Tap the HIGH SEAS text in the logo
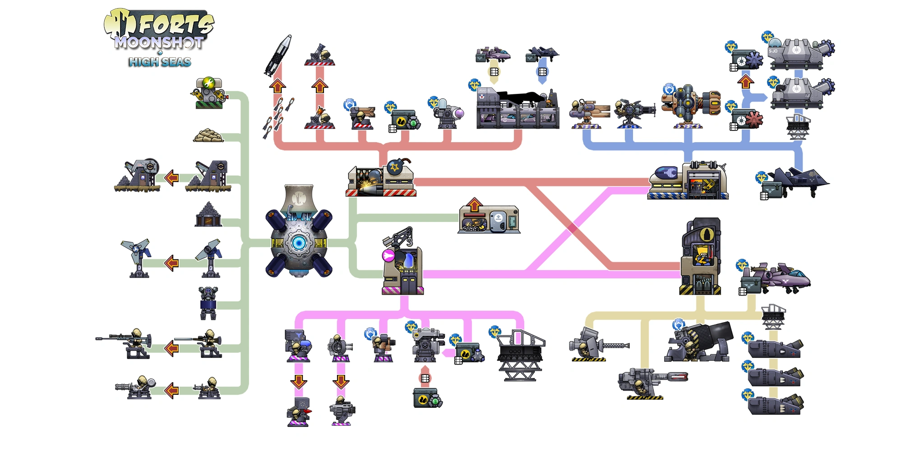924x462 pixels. (160, 62)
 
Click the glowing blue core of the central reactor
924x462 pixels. (298, 243)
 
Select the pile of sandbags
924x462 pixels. (208, 135)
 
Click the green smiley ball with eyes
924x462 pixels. (208, 83)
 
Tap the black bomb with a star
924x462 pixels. (396, 167)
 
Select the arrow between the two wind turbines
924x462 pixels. (171, 263)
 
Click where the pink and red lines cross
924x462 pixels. (572, 228)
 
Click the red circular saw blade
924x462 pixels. (753, 120)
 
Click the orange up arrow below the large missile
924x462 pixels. (277, 85)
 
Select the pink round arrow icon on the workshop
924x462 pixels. (388, 256)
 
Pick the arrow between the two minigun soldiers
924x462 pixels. (171, 390)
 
